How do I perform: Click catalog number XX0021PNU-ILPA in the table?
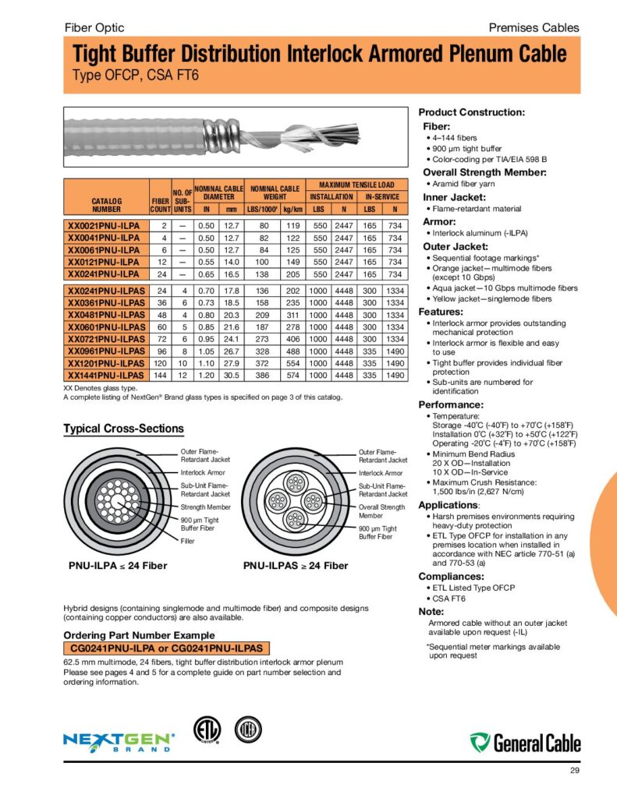coord(104,225)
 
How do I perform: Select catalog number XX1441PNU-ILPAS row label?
coord(106,375)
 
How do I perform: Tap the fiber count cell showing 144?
coord(160,375)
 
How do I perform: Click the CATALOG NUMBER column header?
coord(106,204)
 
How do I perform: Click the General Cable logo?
coord(526,742)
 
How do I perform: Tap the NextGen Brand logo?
coord(119,741)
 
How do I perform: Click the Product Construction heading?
coord(472,112)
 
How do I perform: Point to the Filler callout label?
coord(188,541)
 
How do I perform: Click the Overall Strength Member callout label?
coord(381,511)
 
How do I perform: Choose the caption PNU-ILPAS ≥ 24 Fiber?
coord(296,565)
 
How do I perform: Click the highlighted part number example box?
coord(166,648)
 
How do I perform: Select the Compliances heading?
coord(456,576)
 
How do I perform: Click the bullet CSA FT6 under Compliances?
coord(448,598)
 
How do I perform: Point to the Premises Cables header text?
coord(534,27)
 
